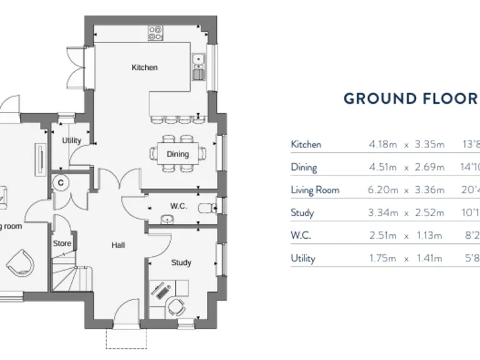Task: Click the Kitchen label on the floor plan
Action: click(144, 67)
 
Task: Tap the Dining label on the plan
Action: click(177, 154)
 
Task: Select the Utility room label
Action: click(71, 141)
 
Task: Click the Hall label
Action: click(119, 246)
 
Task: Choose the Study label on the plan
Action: click(181, 263)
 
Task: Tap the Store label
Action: click(62, 244)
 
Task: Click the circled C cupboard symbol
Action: click(62, 183)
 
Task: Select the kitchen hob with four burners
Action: click(156, 32)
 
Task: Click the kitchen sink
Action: click(199, 61)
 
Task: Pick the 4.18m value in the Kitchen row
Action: click(383, 144)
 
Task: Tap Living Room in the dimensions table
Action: click(315, 190)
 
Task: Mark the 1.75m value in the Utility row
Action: click(383, 258)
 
